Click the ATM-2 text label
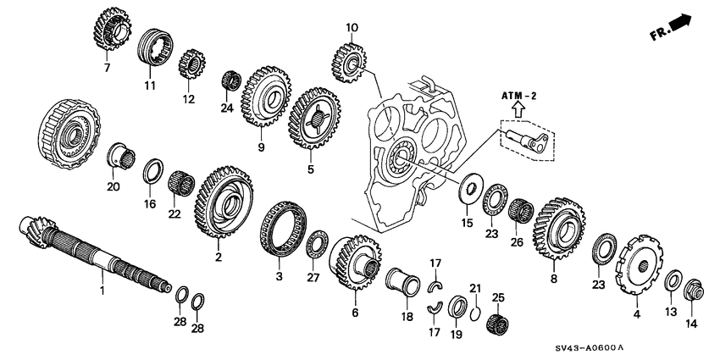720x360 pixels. coord(518,97)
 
